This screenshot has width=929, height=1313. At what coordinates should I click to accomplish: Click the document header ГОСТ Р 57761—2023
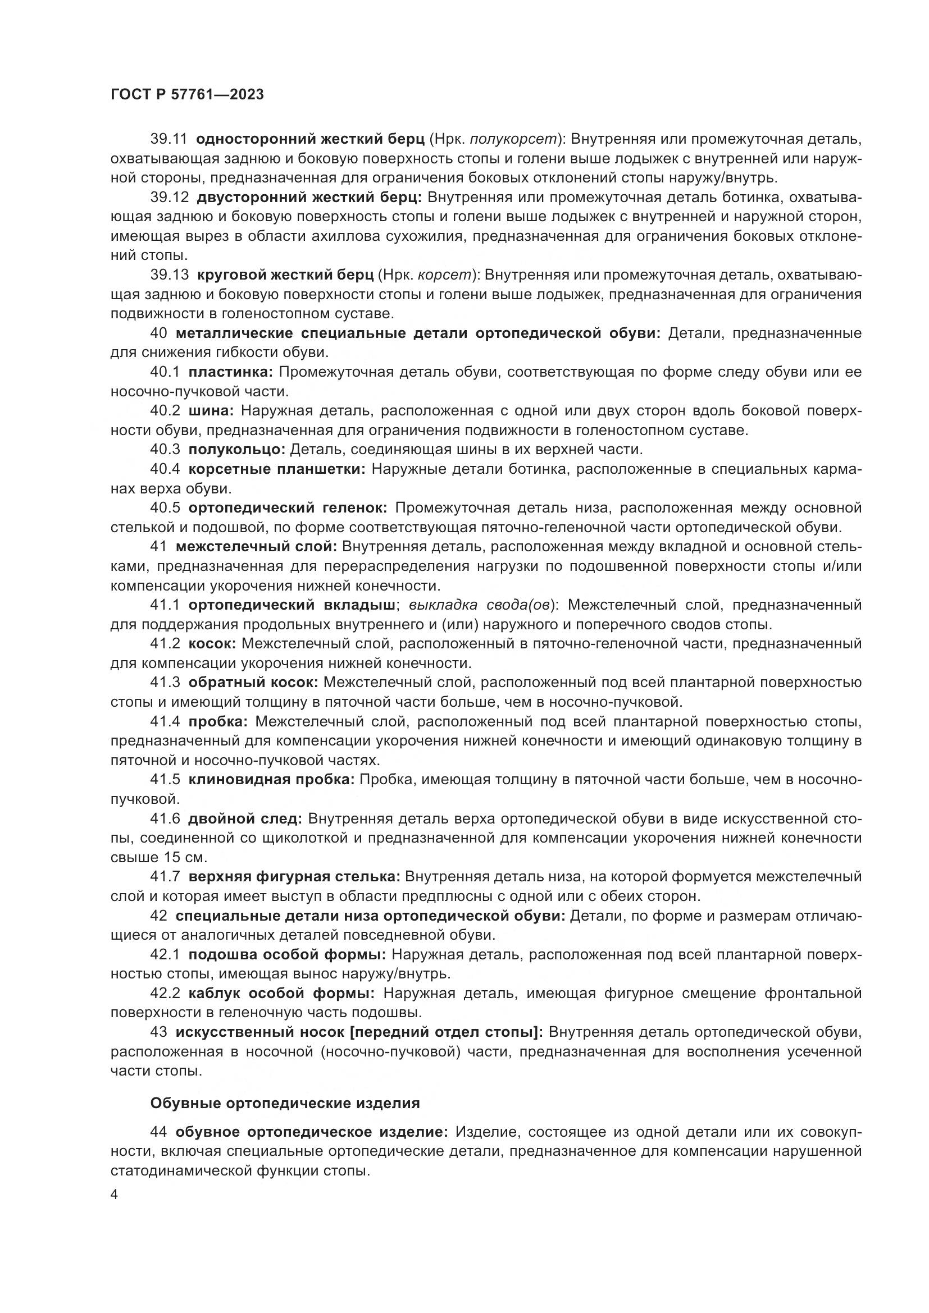(186, 95)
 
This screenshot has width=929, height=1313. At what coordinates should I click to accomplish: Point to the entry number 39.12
(169, 198)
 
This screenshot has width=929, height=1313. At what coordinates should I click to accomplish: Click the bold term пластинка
(230, 372)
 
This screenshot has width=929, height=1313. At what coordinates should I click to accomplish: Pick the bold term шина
(211, 410)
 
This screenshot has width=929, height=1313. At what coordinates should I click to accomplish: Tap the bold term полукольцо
(236, 450)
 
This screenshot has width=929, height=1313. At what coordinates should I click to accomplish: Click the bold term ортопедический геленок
(288, 508)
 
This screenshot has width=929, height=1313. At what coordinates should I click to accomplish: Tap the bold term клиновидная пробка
(271, 780)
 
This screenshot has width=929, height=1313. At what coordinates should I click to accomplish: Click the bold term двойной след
(245, 818)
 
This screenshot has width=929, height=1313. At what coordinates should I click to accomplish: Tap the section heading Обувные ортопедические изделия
(285, 1103)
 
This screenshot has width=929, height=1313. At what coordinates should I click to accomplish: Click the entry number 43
(159, 1032)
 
